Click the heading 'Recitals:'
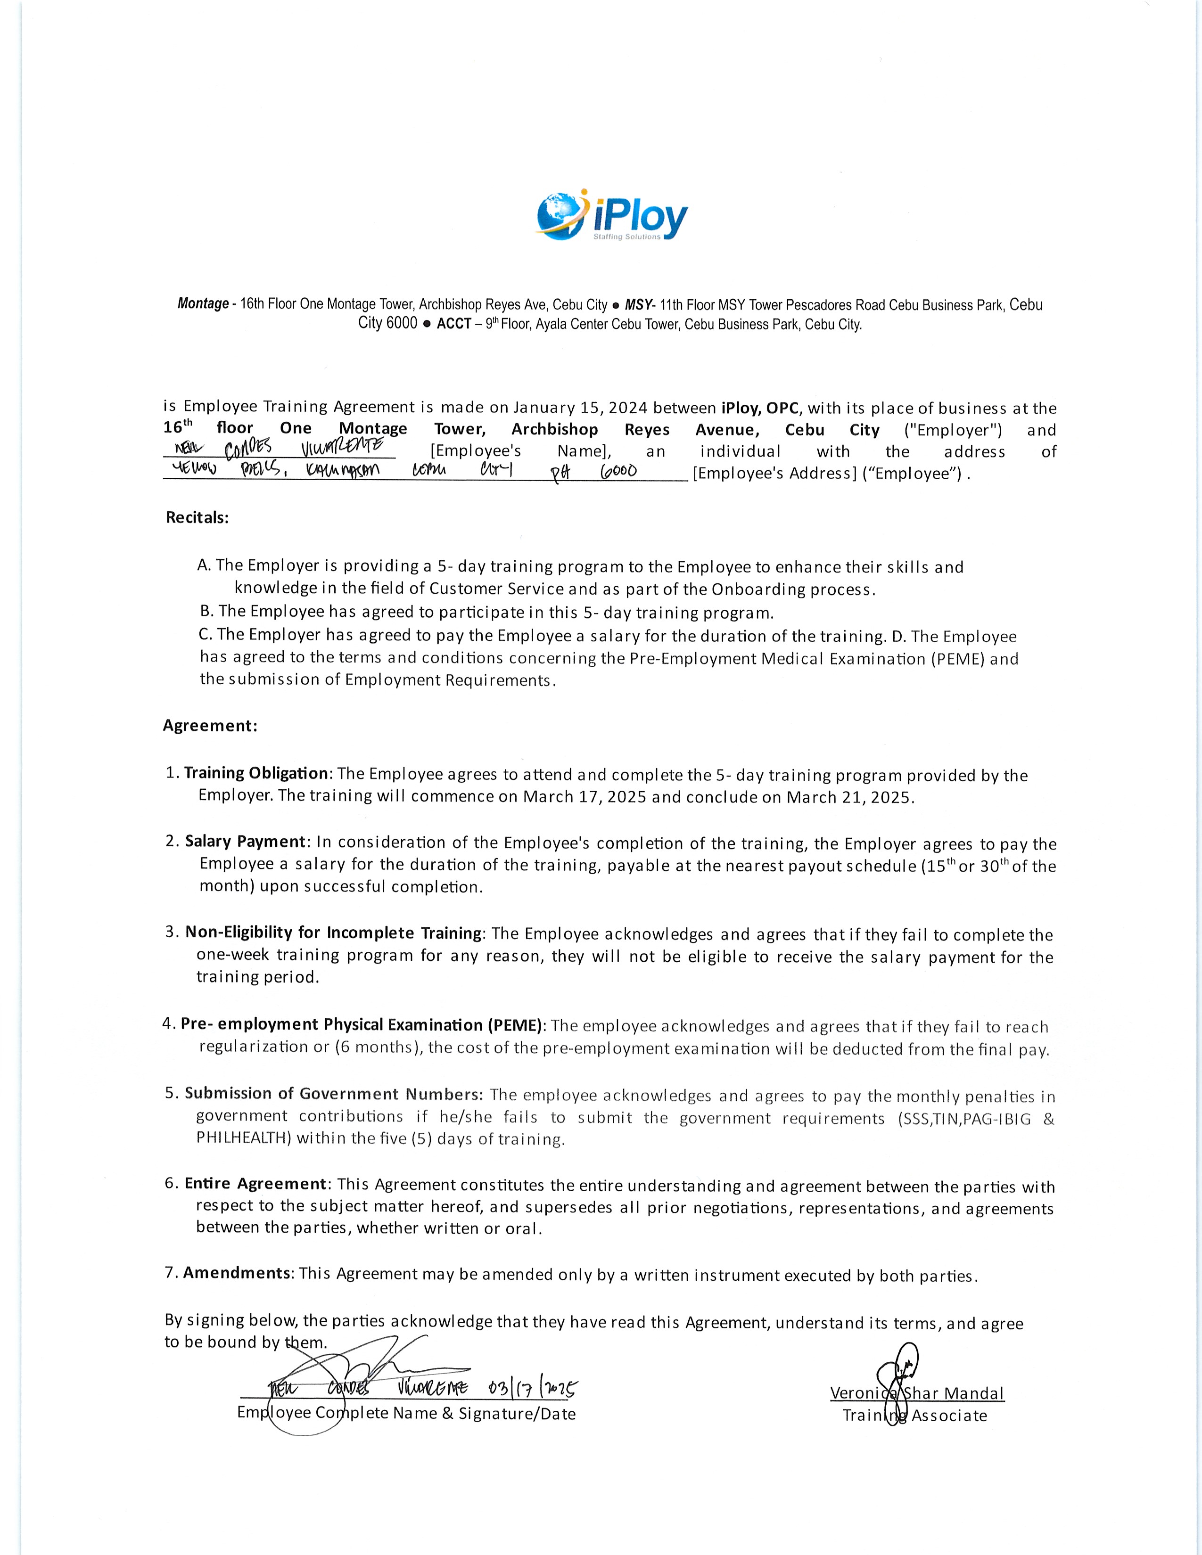(197, 517)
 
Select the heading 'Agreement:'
(209, 726)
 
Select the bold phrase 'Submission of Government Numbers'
(333, 1094)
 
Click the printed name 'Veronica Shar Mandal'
(916, 1393)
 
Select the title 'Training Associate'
(914, 1416)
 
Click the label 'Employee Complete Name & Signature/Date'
(406, 1413)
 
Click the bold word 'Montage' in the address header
(203, 304)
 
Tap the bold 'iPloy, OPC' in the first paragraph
(760, 408)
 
